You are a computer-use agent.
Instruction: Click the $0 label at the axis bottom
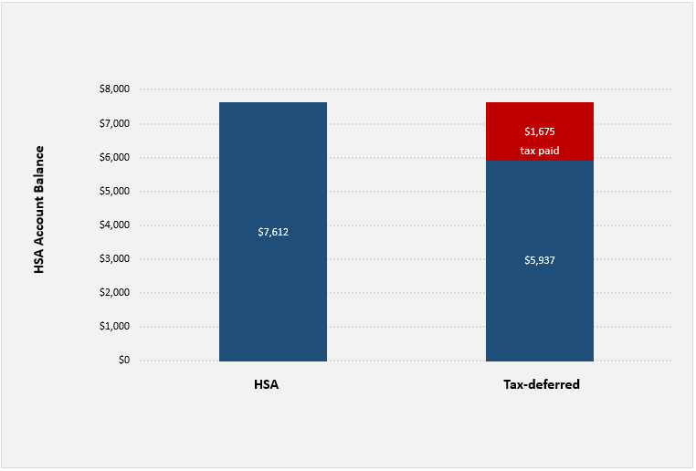pos(122,361)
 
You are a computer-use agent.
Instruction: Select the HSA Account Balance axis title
pos(39,210)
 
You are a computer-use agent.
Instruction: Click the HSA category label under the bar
pos(266,384)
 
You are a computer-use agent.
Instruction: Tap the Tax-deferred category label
pos(542,384)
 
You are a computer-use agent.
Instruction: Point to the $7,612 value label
pos(273,232)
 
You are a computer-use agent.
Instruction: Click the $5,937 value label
pos(540,260)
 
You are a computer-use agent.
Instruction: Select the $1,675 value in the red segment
pos(540,131)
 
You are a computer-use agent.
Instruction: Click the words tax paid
pos(540,151)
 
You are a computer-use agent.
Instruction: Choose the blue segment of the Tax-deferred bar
pos(540,301)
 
